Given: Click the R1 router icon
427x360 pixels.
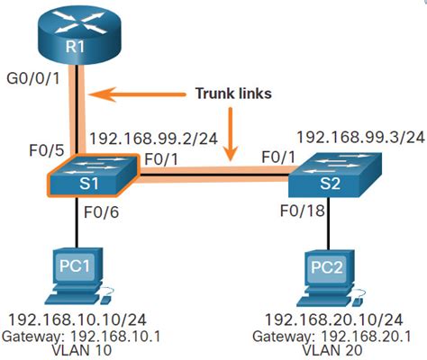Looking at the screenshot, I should [x=77, y=35].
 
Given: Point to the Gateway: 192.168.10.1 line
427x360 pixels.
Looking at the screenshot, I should [x=75, y=335].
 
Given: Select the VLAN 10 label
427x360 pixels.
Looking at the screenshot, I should [x=75, y=350].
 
